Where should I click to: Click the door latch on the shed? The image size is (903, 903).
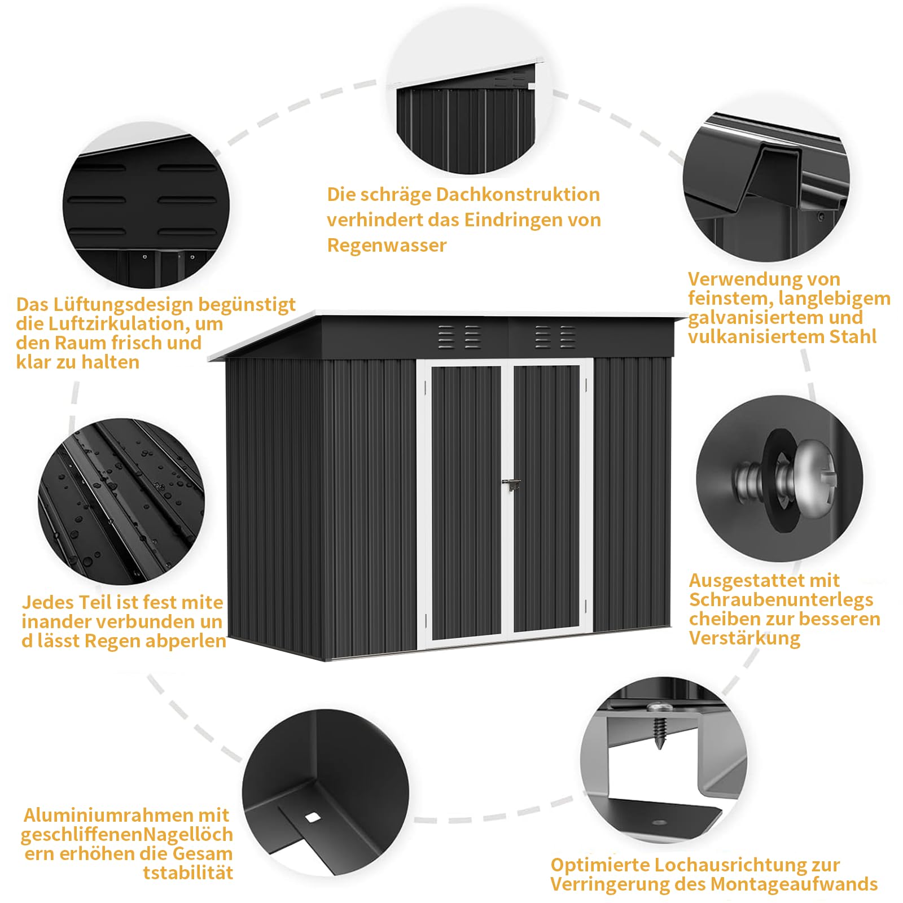pos(511,484)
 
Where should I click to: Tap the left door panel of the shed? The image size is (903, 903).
pos(466,502)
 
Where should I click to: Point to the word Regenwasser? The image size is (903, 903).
pos(387,246)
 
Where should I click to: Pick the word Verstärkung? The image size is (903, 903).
pos(744,638)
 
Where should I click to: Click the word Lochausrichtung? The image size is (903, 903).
pos(712,865)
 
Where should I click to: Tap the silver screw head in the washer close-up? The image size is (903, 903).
pos(811,475)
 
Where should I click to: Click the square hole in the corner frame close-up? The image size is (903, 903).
pos(312,817)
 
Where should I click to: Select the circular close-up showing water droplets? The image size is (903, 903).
pos(121,501)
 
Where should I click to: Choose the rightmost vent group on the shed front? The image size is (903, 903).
pos(568,337)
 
